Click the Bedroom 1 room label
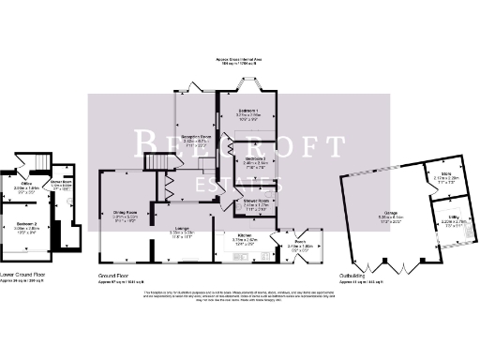[249, 112]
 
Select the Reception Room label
[195, 138]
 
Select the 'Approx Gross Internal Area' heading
[238, 57]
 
